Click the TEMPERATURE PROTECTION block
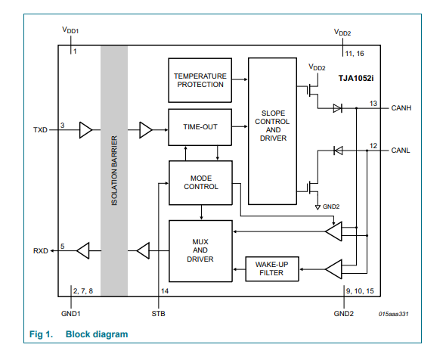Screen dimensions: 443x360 click(200, 80)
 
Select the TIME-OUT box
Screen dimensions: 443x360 click(200, 127)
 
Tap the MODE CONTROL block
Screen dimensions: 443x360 click(200, 183)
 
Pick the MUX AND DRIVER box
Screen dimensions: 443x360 click(200, 251)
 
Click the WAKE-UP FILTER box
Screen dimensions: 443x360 click(272, 268)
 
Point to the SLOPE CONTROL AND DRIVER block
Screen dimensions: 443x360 click(272, 131)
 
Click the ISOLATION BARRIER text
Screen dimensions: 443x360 click(114, 170)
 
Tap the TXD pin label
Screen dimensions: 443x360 click(40, 130)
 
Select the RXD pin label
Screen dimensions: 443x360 click(40, 251)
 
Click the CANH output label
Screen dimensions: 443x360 click(401, 108)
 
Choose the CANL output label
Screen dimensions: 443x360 click(401, 151)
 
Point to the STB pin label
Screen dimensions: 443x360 click(158, 314)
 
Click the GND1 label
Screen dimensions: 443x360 click(71, 314)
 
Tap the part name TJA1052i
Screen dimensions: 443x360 click(356, 78)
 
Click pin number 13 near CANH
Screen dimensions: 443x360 click(373, 104)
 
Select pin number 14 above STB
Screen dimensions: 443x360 click(165, 291)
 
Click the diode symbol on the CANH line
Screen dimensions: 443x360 click(338, 108)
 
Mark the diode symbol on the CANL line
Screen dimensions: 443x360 click(338, 151)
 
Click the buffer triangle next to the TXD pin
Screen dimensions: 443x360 click(85, 130)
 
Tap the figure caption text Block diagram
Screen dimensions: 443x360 click(97, 334)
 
